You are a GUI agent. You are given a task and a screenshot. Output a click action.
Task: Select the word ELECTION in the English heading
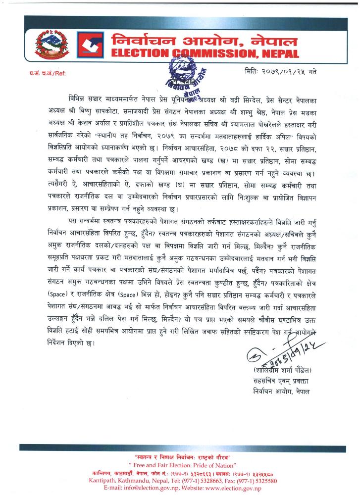coord(137,53)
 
